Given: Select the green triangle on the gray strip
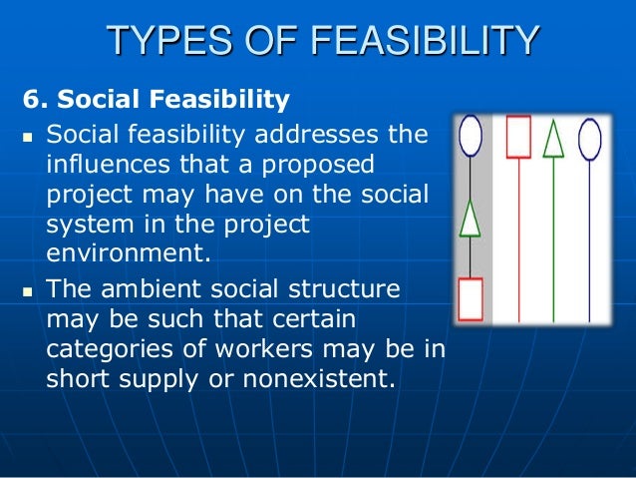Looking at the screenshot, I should pos(470,219).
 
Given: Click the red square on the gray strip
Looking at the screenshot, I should pos(471,297).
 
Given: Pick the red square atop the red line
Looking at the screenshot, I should pos(518,137).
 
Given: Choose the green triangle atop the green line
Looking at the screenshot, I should pos(554,139).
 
